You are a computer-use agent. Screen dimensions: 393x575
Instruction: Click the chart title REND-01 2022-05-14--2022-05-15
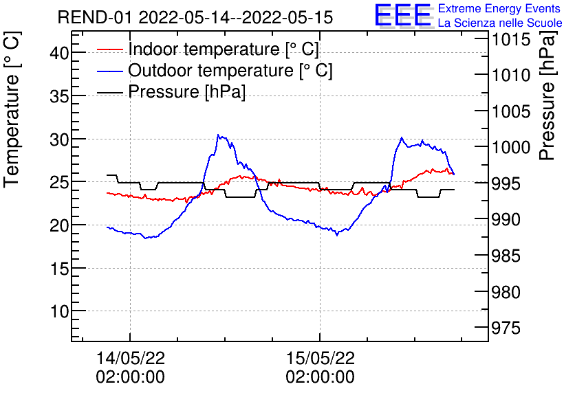click(x=195, y=17)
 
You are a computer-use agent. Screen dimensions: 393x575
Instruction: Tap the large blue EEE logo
click(x=402, y=16)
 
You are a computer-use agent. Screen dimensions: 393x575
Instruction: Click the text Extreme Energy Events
click(x=499, y=9)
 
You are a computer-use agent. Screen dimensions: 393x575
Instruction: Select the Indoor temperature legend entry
click(x=224, y=49)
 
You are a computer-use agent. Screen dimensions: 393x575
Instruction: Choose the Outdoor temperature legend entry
click(x=230, y=71)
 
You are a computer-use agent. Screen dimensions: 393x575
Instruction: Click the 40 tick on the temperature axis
click(x=60, y=53)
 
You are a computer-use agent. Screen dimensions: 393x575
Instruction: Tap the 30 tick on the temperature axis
click(x=60, y=139)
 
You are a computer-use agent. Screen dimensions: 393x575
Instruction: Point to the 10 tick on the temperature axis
click(x=60, y=311)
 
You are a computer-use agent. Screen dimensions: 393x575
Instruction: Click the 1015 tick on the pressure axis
click(x=509, y=39)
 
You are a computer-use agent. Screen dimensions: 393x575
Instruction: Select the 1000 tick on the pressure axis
click(x=509, y=148)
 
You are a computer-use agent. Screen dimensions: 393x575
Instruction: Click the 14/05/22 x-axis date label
click(x=130, y=358)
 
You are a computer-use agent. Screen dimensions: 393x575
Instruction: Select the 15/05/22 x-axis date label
click(x=320, y=358)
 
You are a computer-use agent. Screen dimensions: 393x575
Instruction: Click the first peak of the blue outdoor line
click(x=218, y=135)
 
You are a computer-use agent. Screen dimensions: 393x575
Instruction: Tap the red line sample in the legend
click(x=110, y=49)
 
